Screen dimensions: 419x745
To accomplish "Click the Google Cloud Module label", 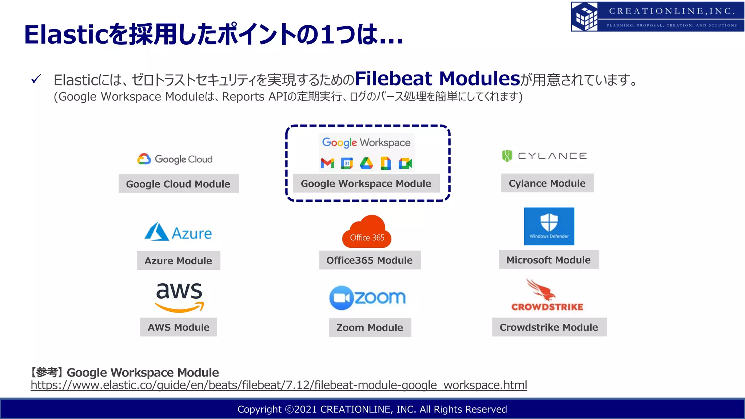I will pyautogui.click(x=178, y=184).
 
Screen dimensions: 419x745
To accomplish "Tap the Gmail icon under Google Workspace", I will pyautogui.click(x=327, y=163).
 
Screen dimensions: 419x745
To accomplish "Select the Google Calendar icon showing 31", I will pyautogui.click(x=347, y=163).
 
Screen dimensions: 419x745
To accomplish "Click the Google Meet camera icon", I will pyautogui.click(x=405, y=163).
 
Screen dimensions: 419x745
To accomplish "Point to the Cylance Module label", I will pyautogui.click(x=547, y=183).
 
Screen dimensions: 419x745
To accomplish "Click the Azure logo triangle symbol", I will pyautogui.click(x=156, y=232).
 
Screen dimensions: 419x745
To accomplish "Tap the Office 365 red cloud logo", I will pyautogui.click(x=367, y=232).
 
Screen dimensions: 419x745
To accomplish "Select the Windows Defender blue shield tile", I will pyautogui.click(x=549, y=226).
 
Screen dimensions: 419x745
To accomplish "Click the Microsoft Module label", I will pyautogui.click(x=548, y=260).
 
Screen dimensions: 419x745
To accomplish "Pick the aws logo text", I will pyautogui.click(x=179, y=291).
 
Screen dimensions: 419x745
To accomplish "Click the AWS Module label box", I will pyautogui.click(x=178, y=327).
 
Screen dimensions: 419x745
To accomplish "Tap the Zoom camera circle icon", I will pyautogui.click(x=341, y=298).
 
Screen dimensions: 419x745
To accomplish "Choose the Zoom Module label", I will pyautogui.click(x=370, y=327).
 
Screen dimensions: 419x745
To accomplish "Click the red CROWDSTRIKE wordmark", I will pyautogui.click(x=547, y=307).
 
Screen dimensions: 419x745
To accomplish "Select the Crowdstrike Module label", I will pyautogui.click(x=549, y=327).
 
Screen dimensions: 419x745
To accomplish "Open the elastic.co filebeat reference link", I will pyautogui.click(x=279, y=385).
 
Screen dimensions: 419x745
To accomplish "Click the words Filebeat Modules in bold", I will pyautogui.click(x=438, y=78).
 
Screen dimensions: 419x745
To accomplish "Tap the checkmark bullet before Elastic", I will pyautogui.click(x=36, y=79).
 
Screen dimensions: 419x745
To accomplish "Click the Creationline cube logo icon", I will pyautogui.click(x=585, y=16).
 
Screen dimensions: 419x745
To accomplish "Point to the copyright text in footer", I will pyautogui.click(x=372, y=409).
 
